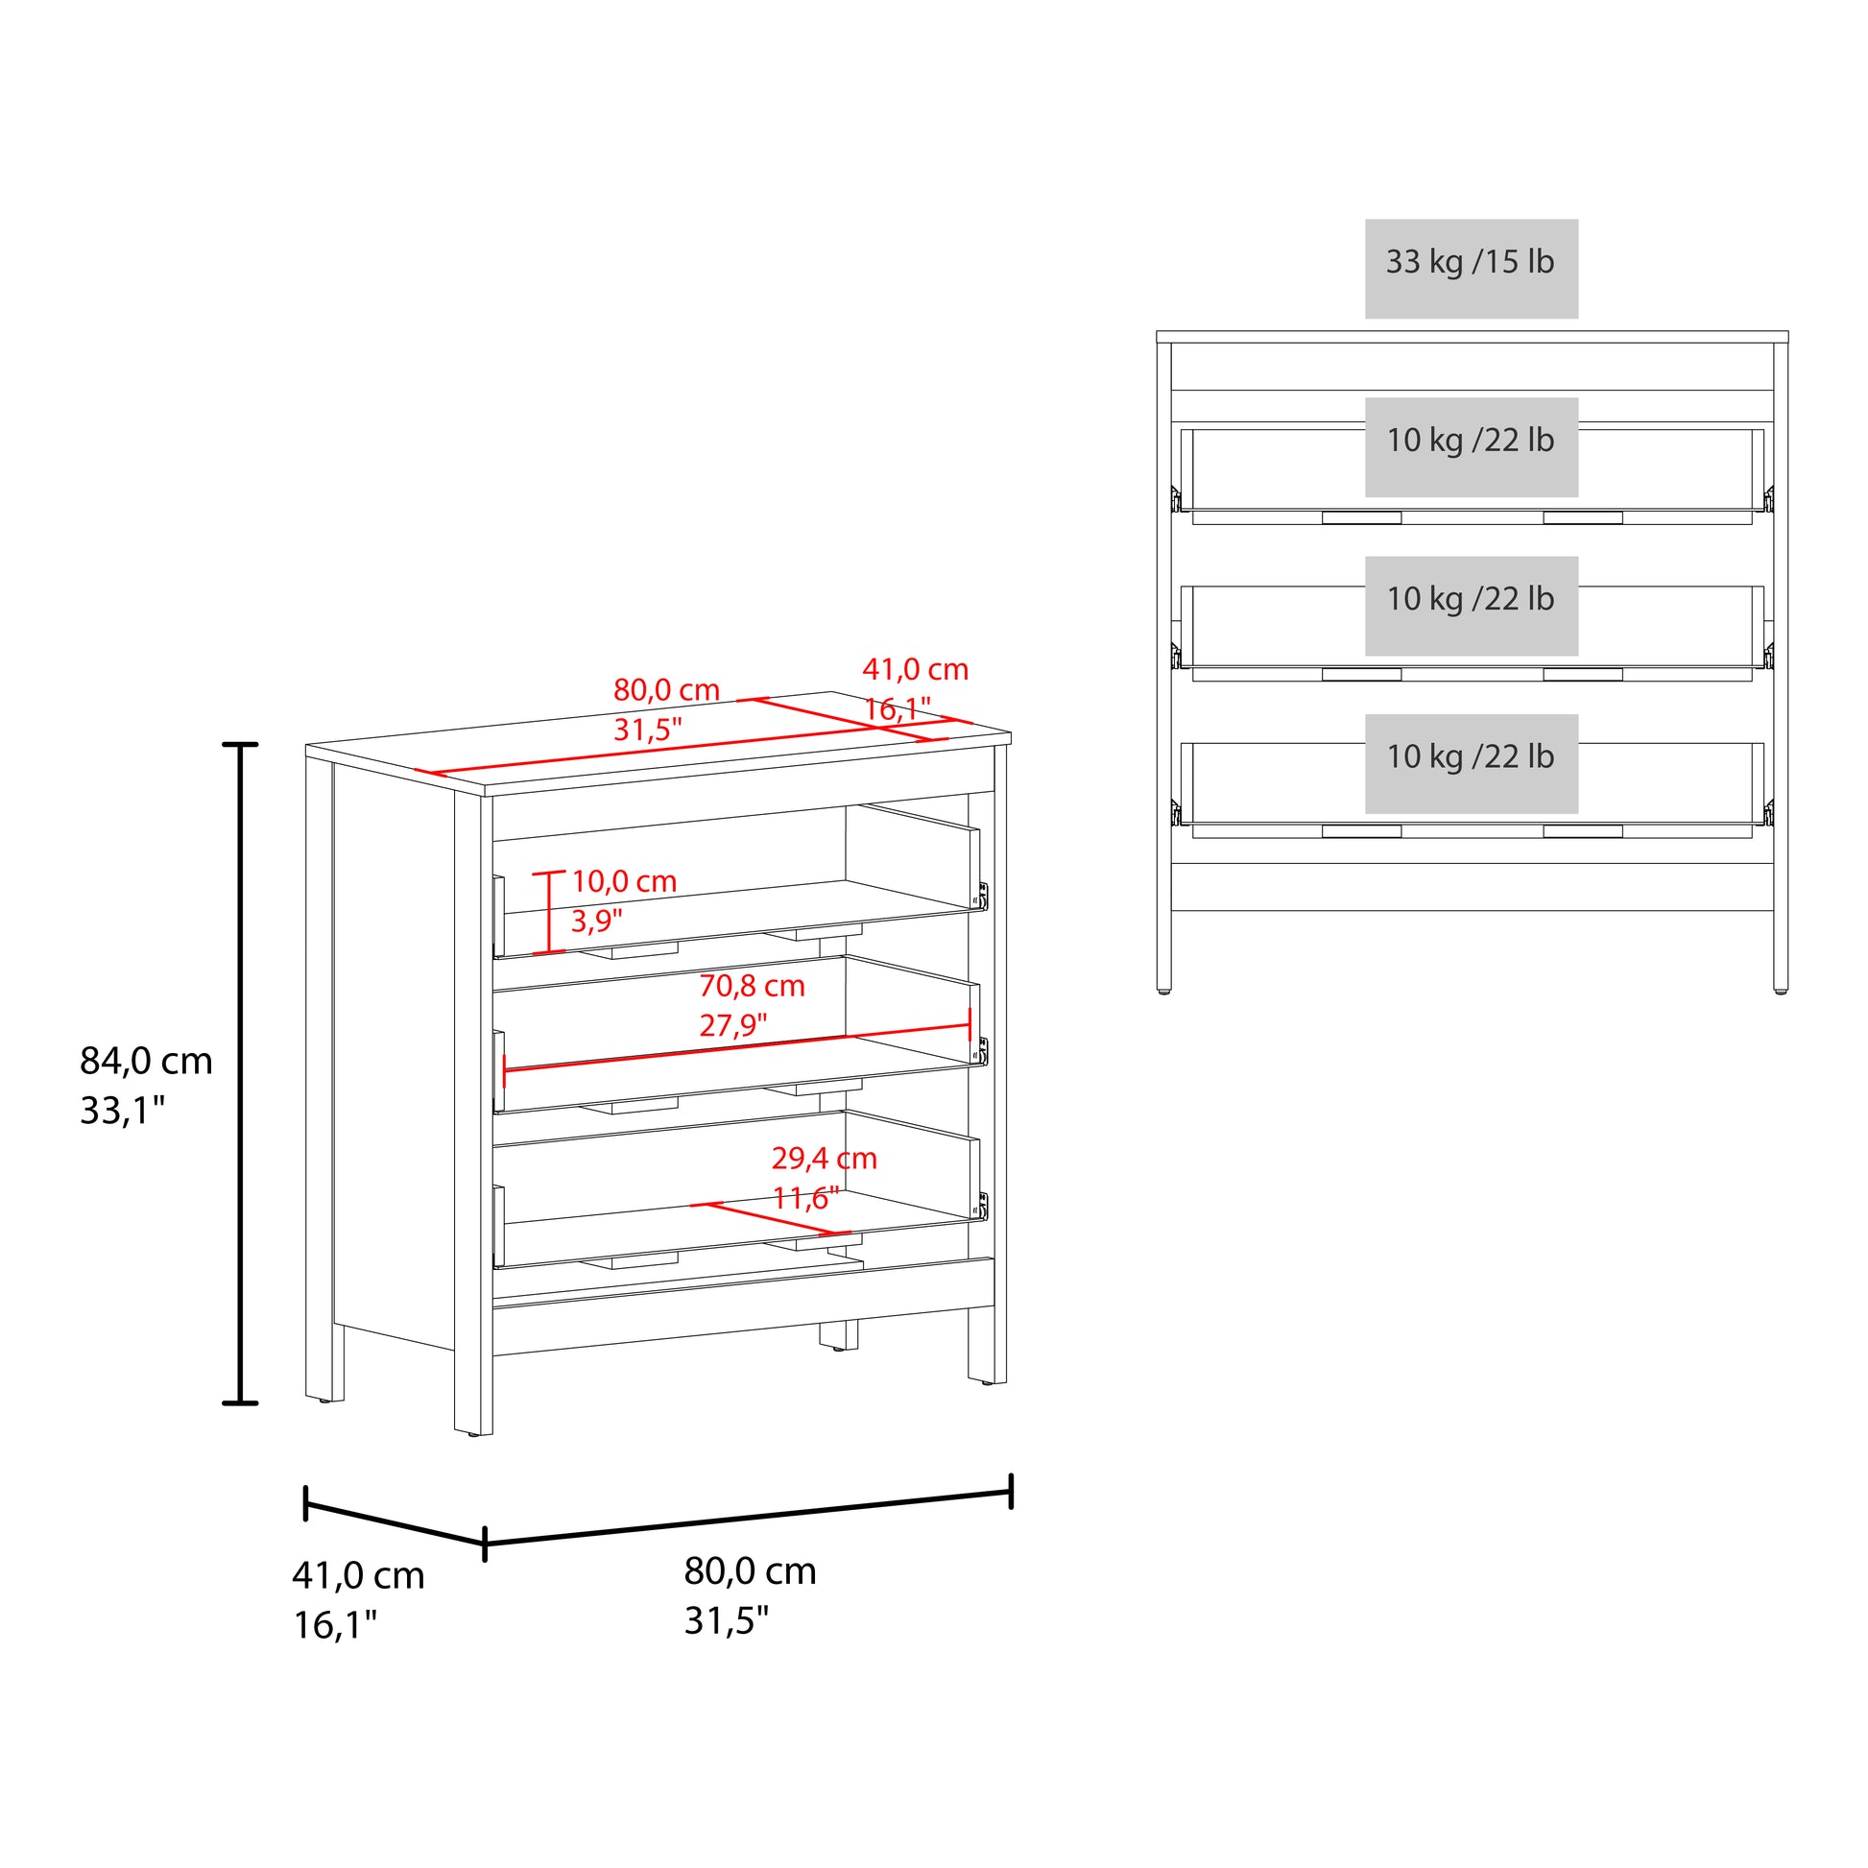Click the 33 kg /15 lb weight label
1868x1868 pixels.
(x=1470, y=262)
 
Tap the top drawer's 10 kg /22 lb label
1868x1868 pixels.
(x=1470, y=441)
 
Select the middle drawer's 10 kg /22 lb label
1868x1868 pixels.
(x=1470, y=599)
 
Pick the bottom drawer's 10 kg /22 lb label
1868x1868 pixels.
(x=1470, y=757)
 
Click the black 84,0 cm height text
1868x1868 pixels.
(x=146, y=1061)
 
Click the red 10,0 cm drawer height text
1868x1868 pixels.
(x=624, y=881)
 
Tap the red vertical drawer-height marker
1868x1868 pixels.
(x=548, y=912)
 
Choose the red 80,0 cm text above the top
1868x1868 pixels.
(x=666, y=689)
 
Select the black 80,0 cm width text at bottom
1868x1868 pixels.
(x=750, y=1570)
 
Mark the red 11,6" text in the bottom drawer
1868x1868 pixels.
(x=804, y=1198)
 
